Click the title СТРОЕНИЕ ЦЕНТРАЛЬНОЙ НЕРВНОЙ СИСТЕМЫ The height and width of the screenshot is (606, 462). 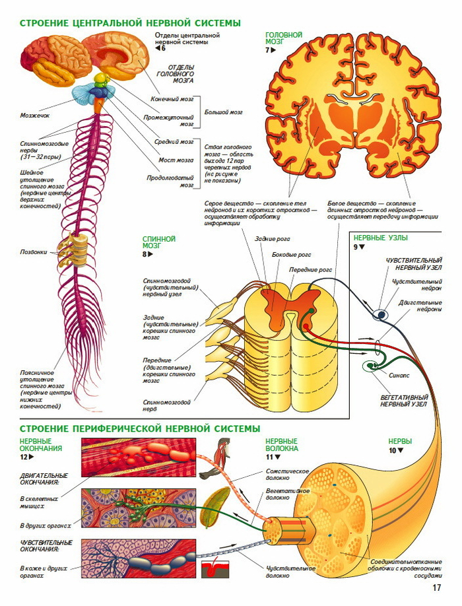(129, 24)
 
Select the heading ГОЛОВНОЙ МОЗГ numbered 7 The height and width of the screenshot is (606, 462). (283, 38)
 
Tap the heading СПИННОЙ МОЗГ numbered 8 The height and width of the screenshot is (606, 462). (158, 242)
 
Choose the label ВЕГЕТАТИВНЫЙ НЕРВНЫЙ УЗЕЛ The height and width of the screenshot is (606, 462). (405, 401)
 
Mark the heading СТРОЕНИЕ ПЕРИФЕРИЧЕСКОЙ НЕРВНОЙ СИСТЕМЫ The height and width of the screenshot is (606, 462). (139, 428)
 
